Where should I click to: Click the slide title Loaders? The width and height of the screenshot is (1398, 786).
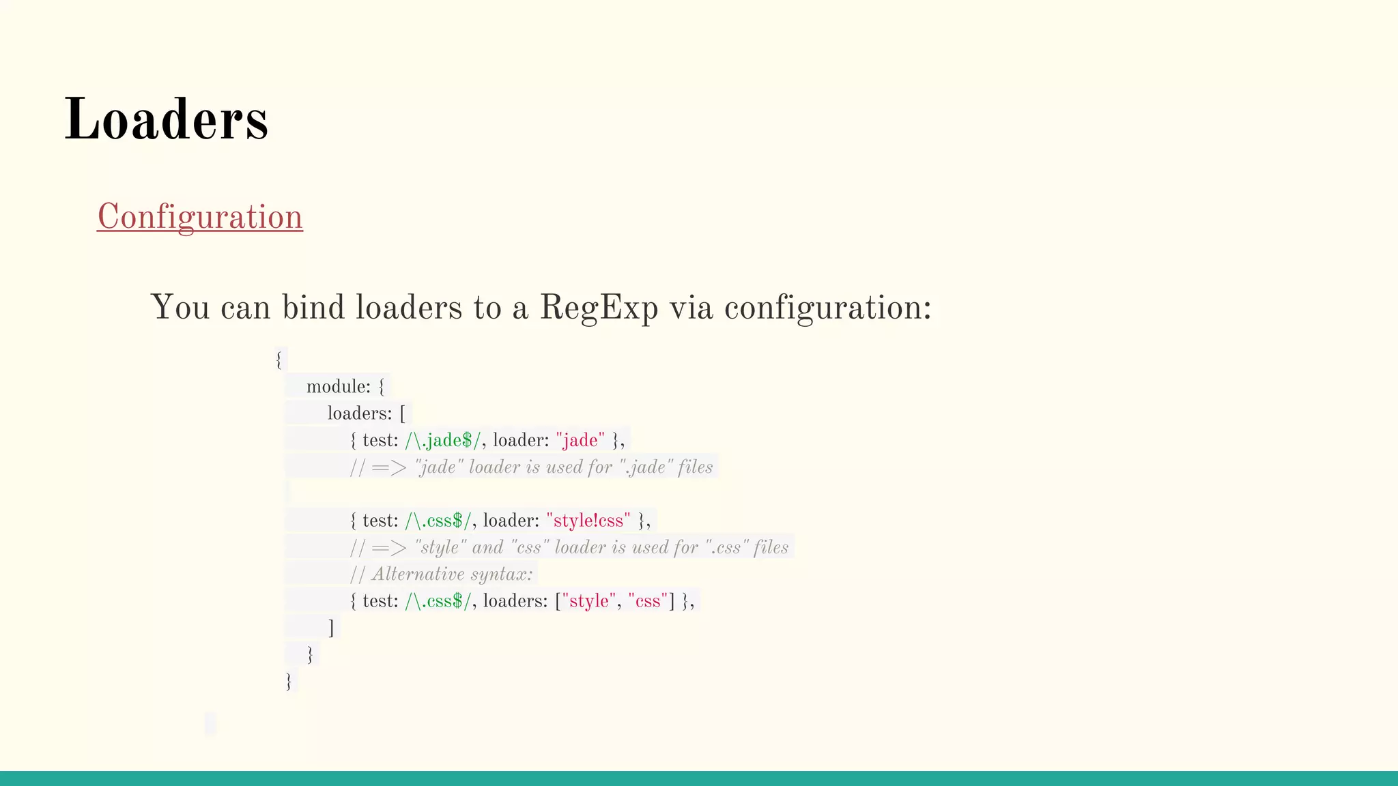[x=166, y=119]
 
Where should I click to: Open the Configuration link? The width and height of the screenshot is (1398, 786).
[x=199, y=217]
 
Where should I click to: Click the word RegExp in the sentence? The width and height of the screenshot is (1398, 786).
[x=599, y=308]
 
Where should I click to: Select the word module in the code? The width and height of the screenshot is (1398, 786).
[x=338, y=387]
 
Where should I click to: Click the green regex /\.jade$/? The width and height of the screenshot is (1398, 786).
[x=442, y=441]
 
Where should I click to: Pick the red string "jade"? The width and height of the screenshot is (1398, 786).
[x=580, y=441]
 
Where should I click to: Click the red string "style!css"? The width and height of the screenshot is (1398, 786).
[x=588, y=521]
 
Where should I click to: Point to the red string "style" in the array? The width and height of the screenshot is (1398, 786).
[x=588, y=602]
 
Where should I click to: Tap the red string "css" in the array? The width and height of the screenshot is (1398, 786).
[x=647, y=602]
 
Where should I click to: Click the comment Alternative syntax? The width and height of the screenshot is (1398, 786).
[x=451, y=574]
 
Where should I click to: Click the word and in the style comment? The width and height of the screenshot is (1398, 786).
[x=487, y=548]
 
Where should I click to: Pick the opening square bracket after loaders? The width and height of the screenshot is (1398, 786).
[x=403, y=413]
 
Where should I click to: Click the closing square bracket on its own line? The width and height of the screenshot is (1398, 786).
[x=331, y=628]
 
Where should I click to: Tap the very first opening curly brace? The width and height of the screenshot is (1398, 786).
[x=279, y=360]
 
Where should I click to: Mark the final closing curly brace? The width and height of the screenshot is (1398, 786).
[x=289, y=681]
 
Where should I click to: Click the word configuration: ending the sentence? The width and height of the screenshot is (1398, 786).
[x=827, y=308]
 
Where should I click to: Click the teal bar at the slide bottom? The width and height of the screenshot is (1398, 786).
[x=699, y=778]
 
